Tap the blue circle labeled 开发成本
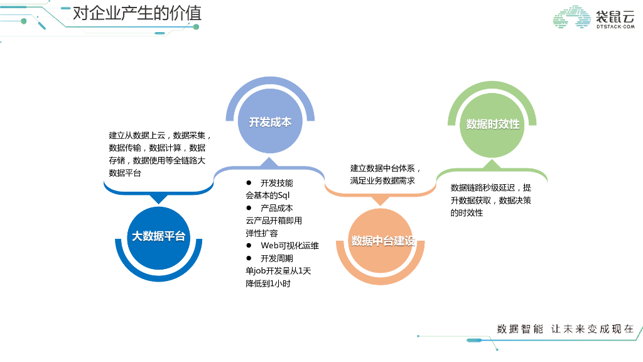point(270,122)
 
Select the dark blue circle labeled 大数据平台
point(158,236)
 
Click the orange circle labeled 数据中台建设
point(382,241)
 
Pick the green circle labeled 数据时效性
point(492,124)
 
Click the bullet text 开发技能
point(276,183)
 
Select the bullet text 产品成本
point(276,208)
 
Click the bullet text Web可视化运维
point(289,246)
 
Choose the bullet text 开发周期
point(276,258)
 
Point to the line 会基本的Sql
point(267,195)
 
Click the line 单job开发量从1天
point(278,271)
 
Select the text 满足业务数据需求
point(382,181)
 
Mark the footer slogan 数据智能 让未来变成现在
point(565,329)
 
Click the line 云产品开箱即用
point(273,221)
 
